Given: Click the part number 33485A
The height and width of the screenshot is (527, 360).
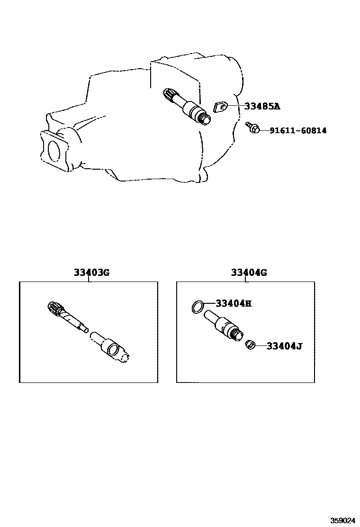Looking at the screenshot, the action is tap(262, 107).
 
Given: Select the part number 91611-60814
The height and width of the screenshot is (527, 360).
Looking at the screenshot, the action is tap(298, 130).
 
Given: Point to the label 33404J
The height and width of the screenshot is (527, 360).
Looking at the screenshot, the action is tap(284, 346).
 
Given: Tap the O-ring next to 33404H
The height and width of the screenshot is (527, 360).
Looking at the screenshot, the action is tap(198, 307).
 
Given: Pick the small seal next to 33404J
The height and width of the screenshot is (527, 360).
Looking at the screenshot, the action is tap(251, 345).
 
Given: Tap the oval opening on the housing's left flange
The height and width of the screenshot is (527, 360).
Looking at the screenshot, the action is tap(54, 151).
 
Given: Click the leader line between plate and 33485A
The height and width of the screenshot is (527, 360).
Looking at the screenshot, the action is tap(234, 107).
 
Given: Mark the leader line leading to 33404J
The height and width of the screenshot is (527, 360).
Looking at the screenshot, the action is tap(260, 346).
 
